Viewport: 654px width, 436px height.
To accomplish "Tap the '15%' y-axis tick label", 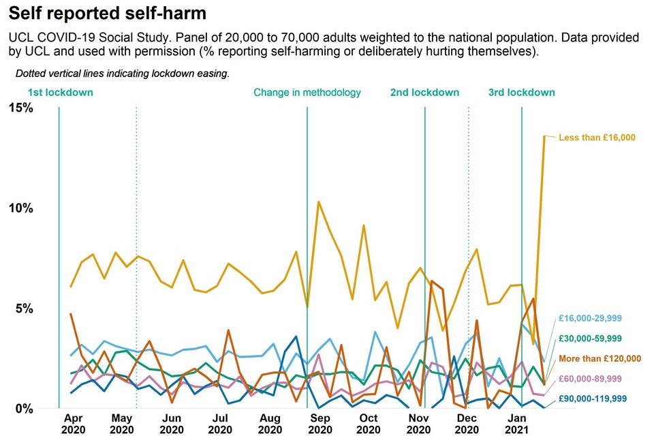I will click(x=20, y=108).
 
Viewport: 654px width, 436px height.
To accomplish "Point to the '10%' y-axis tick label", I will click(x=20, y=208).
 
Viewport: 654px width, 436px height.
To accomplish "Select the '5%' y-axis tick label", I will click(x=23, y=309).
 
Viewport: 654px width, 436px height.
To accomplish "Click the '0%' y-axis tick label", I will click(x=23, y=409).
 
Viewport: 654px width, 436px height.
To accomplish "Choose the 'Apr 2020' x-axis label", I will click(x=74, y=424).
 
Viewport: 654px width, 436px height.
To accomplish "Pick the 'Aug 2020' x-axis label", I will click(x=270, y=424).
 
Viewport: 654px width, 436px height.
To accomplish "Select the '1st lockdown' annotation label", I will click(x=60, y=93).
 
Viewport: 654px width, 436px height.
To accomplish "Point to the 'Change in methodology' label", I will click(x=307, y=93).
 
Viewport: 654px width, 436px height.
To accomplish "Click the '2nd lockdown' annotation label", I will click(x=424, y=93).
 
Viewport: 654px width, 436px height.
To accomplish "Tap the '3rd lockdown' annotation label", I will click(x=522, y=93).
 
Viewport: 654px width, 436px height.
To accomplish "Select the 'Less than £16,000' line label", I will click(x=597, y=138).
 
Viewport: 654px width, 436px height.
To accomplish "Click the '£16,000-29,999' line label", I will click(x=590, y=318).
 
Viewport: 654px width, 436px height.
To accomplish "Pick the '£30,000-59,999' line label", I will click(x=590, y=338).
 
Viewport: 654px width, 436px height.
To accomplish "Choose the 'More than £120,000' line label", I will click(x=599, y=358).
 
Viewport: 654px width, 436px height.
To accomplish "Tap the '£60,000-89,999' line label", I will click(x=590, y=378).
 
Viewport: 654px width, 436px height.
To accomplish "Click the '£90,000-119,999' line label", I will click(x=593, y=399).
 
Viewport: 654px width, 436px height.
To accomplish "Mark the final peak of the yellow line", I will click(x=544, y=136).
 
